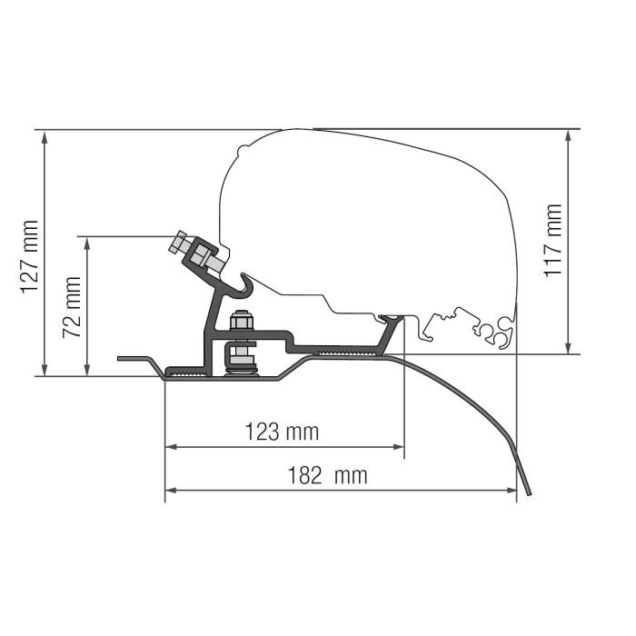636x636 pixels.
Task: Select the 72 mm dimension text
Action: pyautogui.click(x=72, y=308)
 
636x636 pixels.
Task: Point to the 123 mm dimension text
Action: pyautogui.click(x=283, y=432)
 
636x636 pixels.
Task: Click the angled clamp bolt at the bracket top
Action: pyautogui.click(x=195, y=251)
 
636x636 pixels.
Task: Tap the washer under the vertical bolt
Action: pyautogui.click(x=241, y=366)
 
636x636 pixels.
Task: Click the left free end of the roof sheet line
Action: pyautogui.click(x=120, y=358)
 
